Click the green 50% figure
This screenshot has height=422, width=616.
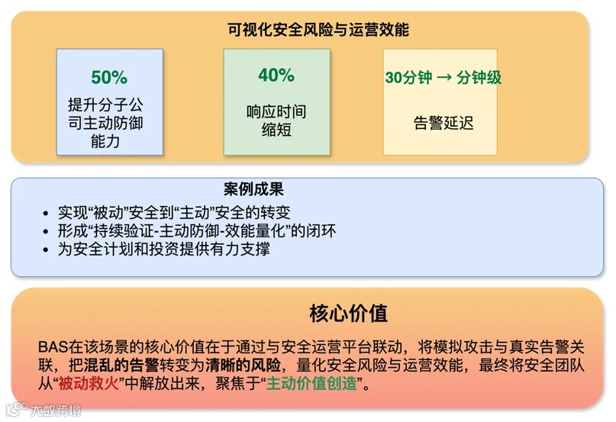point(109,77)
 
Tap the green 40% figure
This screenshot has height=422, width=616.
point(276,75)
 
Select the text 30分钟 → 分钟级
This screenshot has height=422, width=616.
point(443,78)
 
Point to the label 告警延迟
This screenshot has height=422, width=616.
point(443,123)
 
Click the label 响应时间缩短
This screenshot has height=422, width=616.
point(276,121)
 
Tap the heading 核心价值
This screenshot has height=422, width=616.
point(348,313)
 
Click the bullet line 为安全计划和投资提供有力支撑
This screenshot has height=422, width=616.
point(163,249)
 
